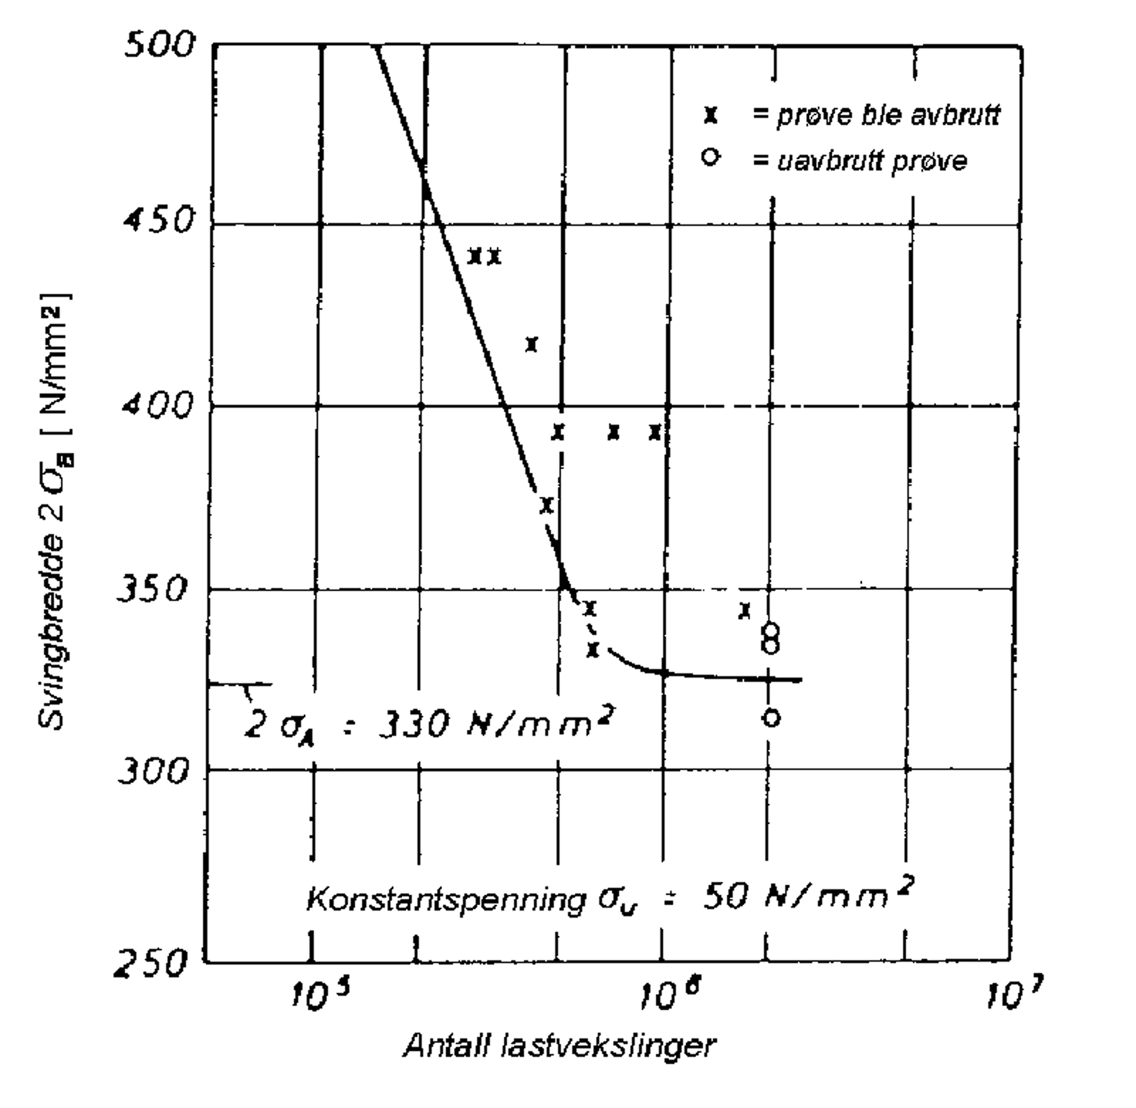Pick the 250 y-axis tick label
[151, 965]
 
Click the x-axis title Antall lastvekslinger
[559, 1046]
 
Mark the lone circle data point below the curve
[772, 717]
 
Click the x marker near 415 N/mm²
[532, 344]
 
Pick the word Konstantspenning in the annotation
[444, 899]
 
